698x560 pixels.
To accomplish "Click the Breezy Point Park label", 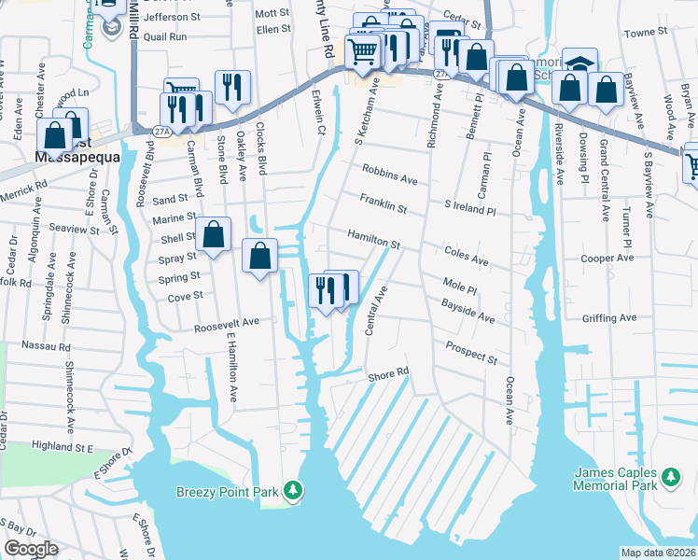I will coord(229,491).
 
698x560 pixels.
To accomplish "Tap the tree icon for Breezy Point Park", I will coord(294,490).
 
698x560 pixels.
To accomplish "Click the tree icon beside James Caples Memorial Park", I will coord(670,479).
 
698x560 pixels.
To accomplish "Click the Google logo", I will coord(31,549).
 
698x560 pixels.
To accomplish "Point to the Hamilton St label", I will coord(374,240).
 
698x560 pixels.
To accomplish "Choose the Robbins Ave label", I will coord(390,174).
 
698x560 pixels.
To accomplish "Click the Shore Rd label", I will coord(388,373).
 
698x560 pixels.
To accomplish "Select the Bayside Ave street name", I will coord(468,311).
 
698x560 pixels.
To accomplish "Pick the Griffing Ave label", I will coord(608,318).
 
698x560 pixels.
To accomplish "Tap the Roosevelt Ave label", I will coord(226,326).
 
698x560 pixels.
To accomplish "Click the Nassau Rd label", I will coord(51,345).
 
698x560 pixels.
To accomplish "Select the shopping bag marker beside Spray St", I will coord(260,255).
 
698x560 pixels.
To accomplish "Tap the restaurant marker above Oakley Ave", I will coord(231,87).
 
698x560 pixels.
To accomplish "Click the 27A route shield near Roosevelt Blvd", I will coord(161,132).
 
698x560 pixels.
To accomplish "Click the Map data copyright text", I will coord(658,553).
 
